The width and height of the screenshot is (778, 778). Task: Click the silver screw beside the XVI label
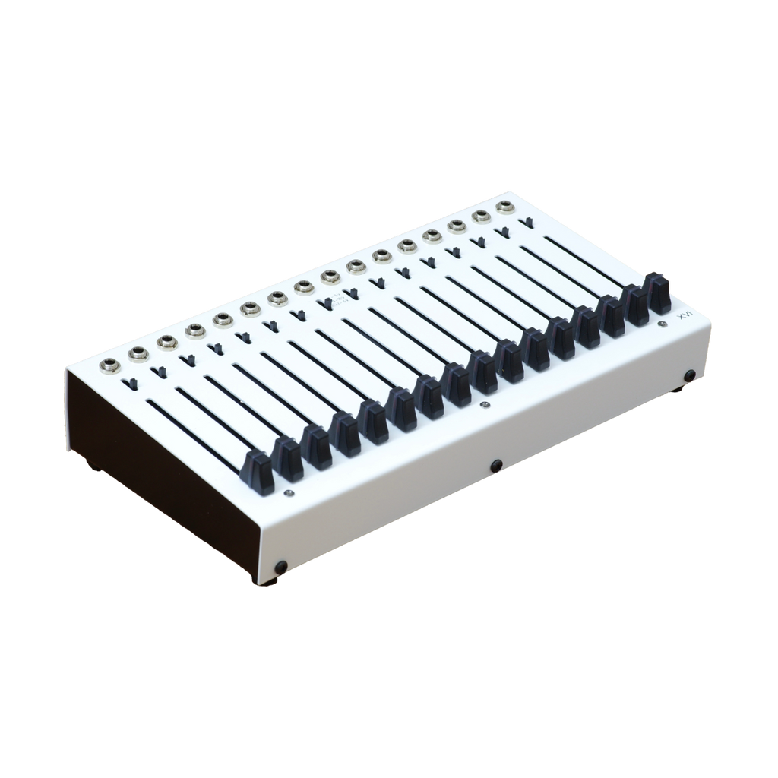click(664, 324)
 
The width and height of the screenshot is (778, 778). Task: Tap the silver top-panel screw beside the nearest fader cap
click(287, 492)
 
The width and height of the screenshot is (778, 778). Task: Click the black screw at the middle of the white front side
click(496, 464)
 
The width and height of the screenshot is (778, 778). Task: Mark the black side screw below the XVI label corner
click(689, 375)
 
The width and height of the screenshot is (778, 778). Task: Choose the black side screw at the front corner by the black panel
click(281, 566)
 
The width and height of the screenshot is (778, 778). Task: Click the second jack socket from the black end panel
click(139, 352)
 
